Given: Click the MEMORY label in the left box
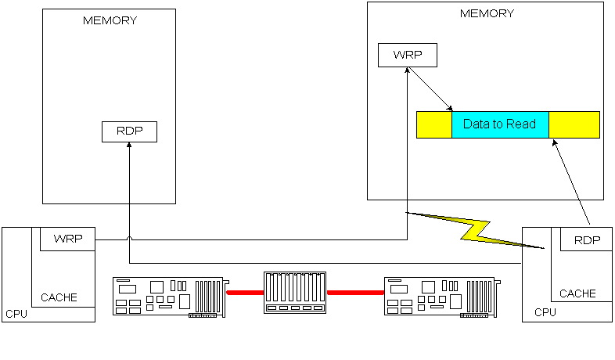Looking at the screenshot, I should [x=110, y=20].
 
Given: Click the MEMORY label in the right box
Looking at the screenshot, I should [x=487, y=13].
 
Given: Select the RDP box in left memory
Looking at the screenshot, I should [x=129, y=131].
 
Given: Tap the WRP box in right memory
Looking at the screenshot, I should [x=407, y=55].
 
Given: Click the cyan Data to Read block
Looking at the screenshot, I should [x=500, y=124].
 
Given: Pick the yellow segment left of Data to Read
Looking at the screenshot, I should [x=433, y=124].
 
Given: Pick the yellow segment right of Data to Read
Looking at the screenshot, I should [x=574, y=124].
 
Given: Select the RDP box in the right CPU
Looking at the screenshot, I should [x=587, y=239].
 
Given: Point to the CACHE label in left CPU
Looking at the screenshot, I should [x=59, y=297].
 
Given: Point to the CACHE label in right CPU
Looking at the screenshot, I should [x=577, y=294].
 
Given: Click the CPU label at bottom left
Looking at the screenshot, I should [x=16, y=314].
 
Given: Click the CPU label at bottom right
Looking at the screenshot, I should [x=545, y=312].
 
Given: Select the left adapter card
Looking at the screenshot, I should [x=169, y=296].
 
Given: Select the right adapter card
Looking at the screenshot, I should [x=440, y=296].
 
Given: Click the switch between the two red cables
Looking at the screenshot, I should [x=295, y=293].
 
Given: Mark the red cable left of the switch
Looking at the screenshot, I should [x=245, y=293].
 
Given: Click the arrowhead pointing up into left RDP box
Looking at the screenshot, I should [x=129, y=146].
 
